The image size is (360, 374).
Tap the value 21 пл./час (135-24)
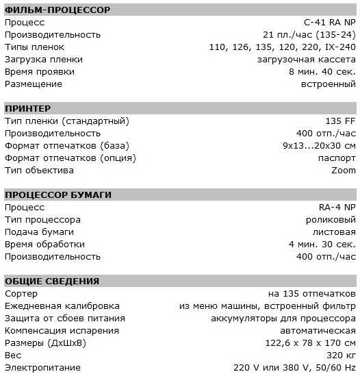point(309,35)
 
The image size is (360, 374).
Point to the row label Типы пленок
point(34,47)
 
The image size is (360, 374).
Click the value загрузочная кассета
point(309,60)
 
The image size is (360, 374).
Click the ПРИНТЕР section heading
point(27,109)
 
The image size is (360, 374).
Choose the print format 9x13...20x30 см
point(319,146)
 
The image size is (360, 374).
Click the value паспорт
point(337,158)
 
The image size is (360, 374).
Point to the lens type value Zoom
point(344,171)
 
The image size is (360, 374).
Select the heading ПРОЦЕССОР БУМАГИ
point(57,195)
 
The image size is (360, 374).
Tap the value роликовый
point(331,220)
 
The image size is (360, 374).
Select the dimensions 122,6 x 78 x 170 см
point(311,342)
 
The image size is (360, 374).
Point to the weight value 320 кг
point(340,355)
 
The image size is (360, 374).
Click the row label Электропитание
point(40,367)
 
